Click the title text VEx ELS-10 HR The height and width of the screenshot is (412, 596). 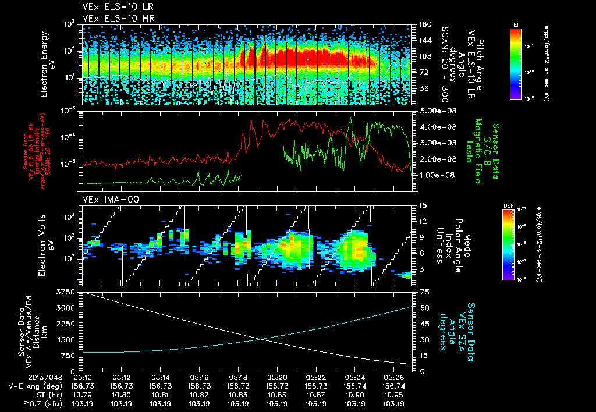pos(112,17)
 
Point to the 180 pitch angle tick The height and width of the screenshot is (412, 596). pos(424,24)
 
